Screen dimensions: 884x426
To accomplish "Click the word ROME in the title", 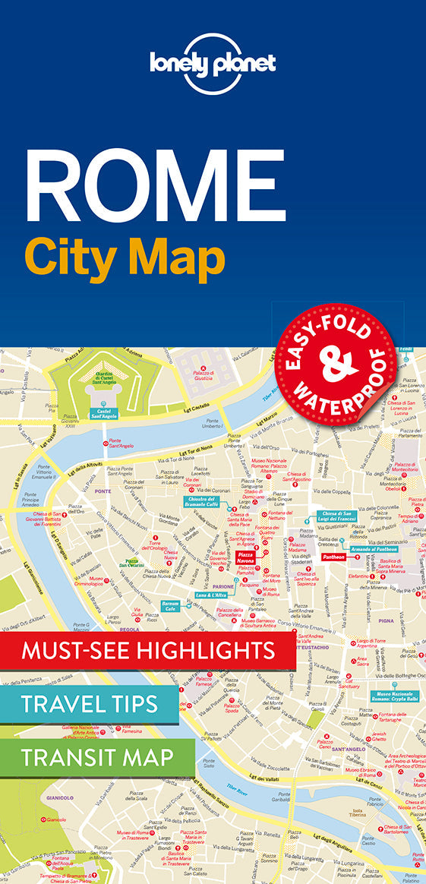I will [156, 185].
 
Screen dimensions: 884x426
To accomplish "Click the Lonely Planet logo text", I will [213, 64].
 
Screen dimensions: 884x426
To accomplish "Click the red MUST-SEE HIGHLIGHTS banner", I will [148, 652].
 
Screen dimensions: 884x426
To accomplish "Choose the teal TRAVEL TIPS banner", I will [90, 703].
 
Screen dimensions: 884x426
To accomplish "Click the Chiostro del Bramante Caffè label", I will [203, 501].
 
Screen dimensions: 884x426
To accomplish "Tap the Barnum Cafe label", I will [170, 606].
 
